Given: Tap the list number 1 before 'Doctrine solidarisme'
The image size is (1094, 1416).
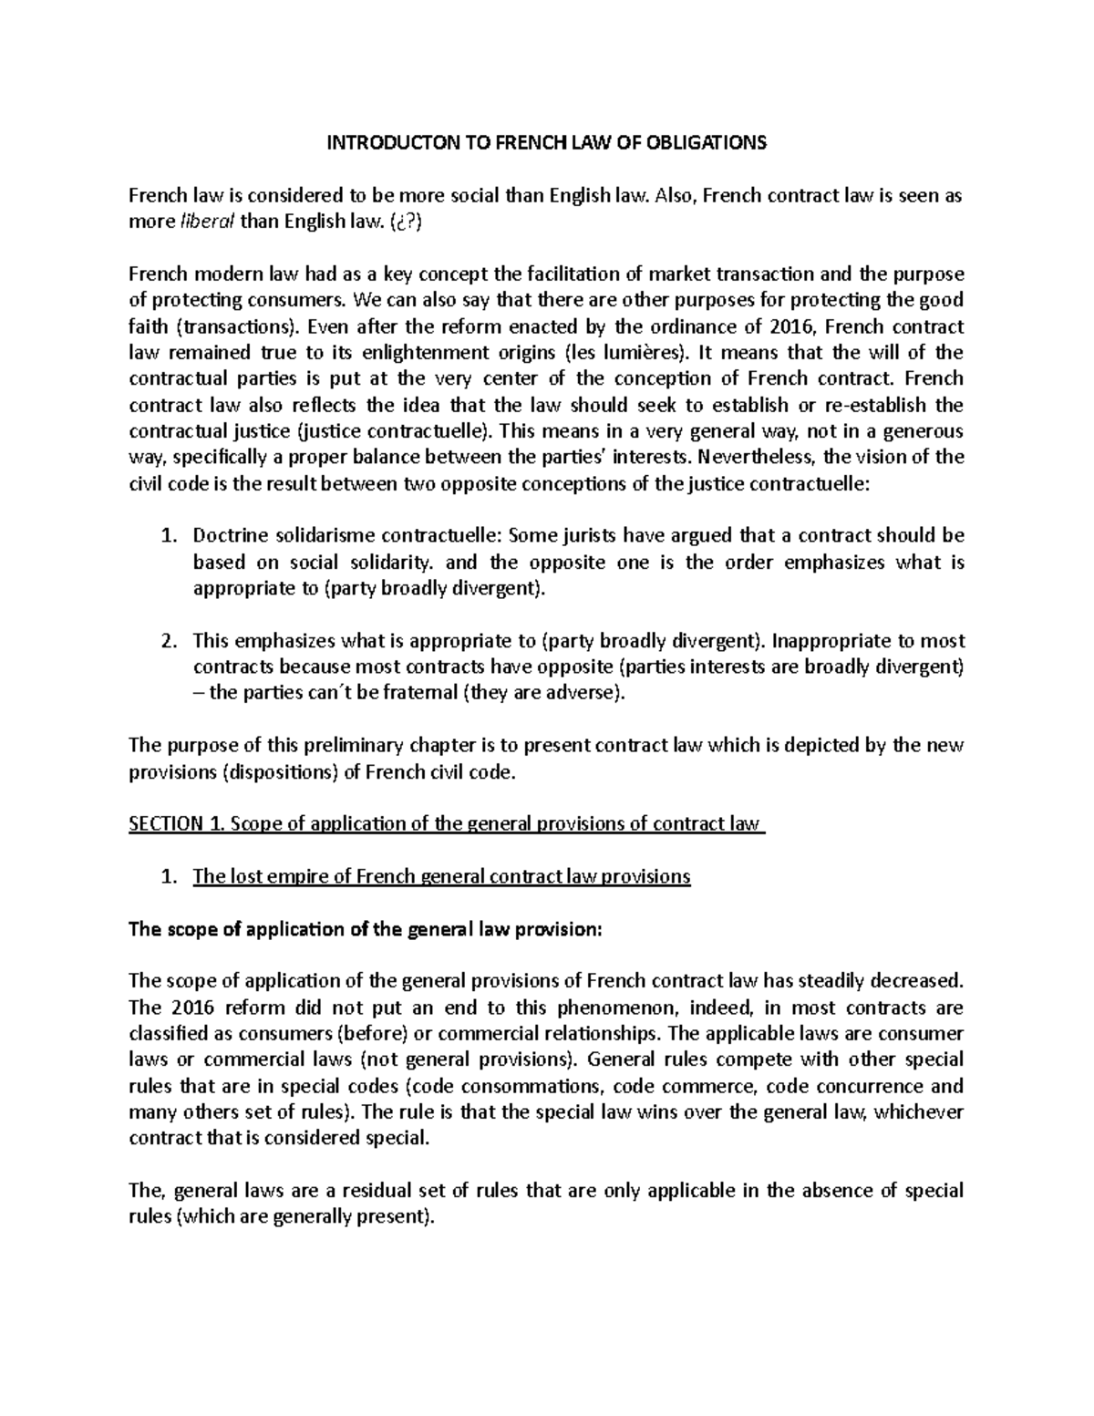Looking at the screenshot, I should pyautogui.click(x=166, y=536).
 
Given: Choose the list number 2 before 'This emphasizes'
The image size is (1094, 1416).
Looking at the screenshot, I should pyautogui.click(x=166, y=641).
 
